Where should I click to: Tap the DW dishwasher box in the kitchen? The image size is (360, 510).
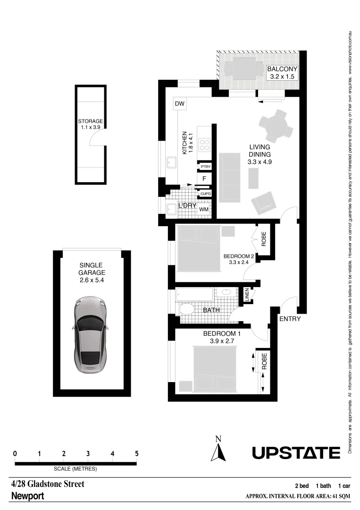[x=179, y=104]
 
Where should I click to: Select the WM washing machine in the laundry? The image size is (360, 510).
[x=204, y=209]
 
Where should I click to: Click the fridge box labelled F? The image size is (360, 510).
[x=204, y=178]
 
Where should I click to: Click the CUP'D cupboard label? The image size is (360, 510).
[x=205, y=194]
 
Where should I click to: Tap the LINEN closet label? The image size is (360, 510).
[x=246, y=295]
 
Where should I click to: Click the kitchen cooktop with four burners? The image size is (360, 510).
[x=205, y=144]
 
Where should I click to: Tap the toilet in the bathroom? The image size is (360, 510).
[x=187, y=310]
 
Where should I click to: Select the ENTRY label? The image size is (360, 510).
[x=290, y=319]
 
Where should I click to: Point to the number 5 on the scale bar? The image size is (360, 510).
[x=137, y=454]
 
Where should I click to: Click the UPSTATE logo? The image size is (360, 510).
[x=296, y=453]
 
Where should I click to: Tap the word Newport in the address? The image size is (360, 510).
[x=27, y=496]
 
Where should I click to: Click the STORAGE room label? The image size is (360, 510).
[x=91, y=121]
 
